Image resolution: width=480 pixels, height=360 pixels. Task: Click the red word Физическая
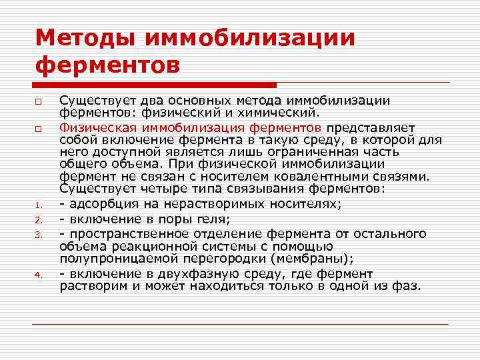(x=93, y=127)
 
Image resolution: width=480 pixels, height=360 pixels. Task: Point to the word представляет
(x=370, y=127)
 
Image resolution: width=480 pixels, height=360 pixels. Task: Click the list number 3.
(x=39, y=235)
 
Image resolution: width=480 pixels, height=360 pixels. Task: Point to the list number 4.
(x=39, y=275)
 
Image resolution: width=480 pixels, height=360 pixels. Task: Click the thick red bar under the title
(x=154, y=85)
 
